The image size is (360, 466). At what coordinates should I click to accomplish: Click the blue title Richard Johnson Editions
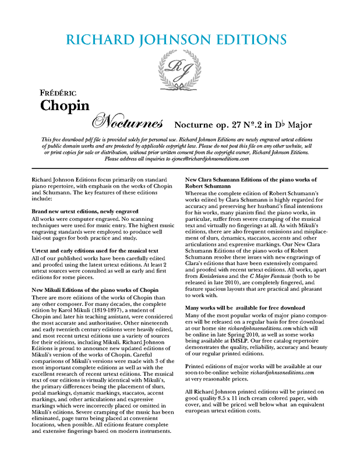177,40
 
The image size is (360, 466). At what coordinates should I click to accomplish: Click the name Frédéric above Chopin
54,93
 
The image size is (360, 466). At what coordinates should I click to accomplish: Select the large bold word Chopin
65,105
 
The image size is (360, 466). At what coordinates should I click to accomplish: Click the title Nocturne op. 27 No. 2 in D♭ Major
243,125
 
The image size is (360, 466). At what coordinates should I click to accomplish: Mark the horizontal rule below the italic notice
180,168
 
